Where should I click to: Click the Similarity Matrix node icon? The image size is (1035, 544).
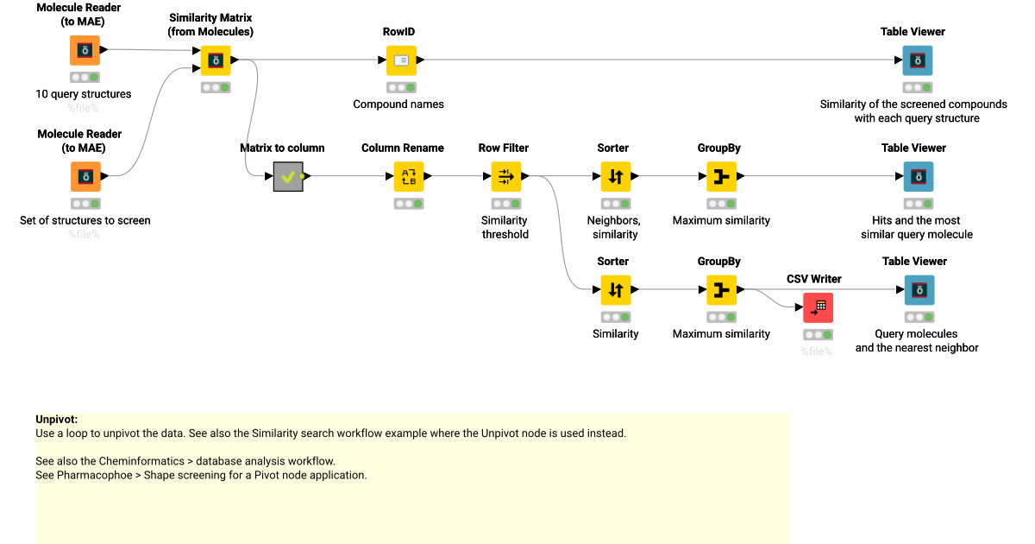coord(216,60)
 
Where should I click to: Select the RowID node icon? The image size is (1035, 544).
coord(400,60)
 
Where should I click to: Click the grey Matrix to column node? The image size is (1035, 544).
coord(288,177)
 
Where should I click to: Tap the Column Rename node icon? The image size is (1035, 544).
coord(409,177)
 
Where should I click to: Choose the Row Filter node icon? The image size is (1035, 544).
coord(506,177)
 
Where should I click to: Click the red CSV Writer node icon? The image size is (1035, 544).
coord(818,307)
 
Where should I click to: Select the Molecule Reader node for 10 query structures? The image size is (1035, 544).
coord(85,51)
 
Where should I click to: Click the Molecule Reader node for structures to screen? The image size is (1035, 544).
coord(85,177)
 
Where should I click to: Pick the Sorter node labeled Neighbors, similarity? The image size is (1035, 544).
coord(616,177)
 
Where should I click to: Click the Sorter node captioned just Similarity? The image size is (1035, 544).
coord(616,290)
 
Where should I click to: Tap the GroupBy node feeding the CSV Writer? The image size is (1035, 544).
coord(721,290)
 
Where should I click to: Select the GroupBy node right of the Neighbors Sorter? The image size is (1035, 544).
coord(721,177)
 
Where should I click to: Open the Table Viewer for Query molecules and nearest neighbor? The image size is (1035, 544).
coord(917,290)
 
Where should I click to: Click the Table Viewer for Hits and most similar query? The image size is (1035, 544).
coord(917,177)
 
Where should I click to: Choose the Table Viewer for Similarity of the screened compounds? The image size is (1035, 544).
coord(917,60)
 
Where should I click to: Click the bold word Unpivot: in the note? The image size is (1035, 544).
coord(57,420)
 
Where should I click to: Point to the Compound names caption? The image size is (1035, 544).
coord(398,104)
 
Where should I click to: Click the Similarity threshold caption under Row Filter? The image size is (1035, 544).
coord(505,227)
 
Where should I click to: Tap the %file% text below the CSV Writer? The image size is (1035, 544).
coord(816,351)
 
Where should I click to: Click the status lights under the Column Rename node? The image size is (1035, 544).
coord(409,204)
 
